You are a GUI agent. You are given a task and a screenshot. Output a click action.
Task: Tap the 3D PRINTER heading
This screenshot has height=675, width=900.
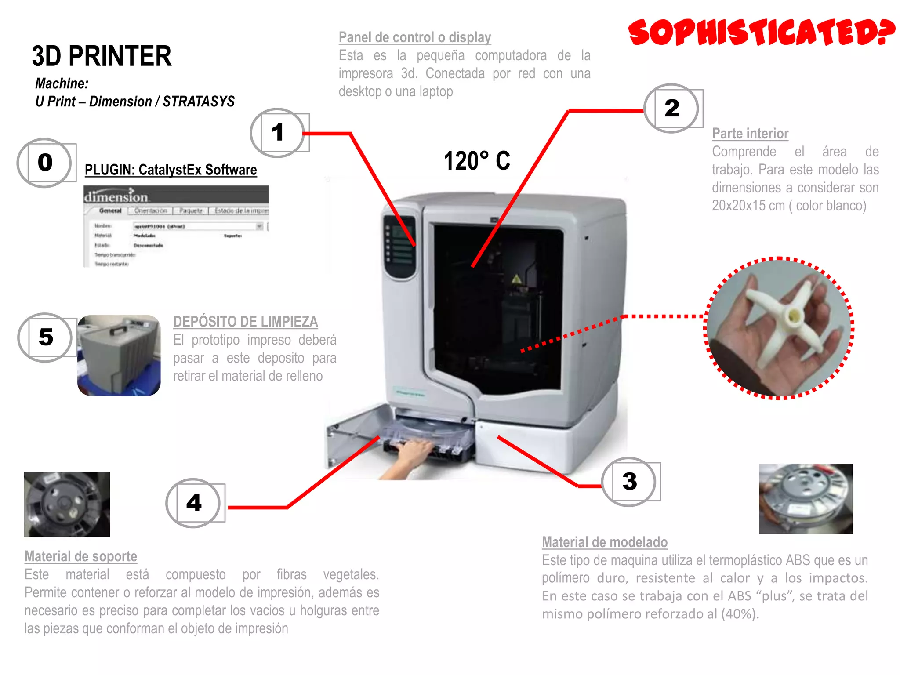click(x=102, y=56)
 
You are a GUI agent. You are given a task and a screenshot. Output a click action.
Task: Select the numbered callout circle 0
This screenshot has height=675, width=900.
click(x=45, y=163)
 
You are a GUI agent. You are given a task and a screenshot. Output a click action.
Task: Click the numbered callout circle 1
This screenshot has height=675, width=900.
click(x=277, y=133)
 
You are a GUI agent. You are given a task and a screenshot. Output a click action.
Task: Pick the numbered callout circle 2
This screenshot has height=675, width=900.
click(x=671, y=108)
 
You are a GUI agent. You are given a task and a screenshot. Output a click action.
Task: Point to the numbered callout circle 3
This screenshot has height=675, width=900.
click(x=629, y=481)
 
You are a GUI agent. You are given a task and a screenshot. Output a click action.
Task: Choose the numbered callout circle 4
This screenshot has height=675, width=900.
click(x=193, y=503)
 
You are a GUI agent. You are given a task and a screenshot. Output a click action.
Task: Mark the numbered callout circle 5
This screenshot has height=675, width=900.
click(x=45, y=337)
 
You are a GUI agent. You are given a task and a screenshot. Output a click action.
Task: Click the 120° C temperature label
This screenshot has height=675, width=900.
click(x=477, y=160)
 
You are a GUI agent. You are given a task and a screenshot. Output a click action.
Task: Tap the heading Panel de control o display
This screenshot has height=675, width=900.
click(x=414, y=38)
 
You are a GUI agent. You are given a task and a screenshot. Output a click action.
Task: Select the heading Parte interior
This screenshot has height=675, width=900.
click(x=750, y=134)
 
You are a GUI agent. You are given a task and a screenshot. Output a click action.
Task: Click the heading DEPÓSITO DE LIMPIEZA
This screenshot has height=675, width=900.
click(x=245, y=322)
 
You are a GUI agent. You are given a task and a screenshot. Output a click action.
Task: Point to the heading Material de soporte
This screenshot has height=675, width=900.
click(x=81, y=556)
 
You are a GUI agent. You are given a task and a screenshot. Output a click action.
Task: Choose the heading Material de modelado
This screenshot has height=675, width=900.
click(x=604, y=542)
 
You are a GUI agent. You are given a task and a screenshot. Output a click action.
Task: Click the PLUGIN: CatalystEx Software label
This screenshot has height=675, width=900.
click(x=171, y=170)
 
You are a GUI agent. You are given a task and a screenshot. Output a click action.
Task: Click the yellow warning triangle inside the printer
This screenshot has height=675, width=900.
click(x=516, y=279)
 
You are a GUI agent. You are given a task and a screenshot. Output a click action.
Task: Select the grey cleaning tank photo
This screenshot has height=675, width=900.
click(x=119, y=355)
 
